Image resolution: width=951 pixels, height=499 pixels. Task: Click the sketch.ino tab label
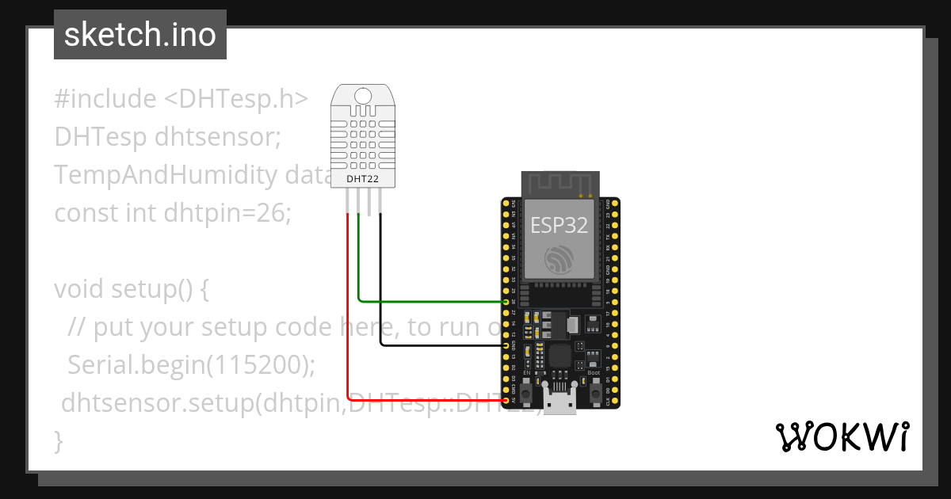(x=140, y=35)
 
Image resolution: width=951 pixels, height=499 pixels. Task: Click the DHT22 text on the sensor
(x=363, y=179)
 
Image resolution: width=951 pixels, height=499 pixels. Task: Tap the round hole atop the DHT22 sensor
(x=363, y=97)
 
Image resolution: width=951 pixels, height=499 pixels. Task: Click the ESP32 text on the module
(x=560, y=225)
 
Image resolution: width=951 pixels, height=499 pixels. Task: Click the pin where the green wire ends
(x=507, y=302)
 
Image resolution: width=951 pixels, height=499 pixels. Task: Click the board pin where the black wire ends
(x=507, y=346)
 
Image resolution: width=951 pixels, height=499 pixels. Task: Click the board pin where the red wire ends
(x=507, y=402)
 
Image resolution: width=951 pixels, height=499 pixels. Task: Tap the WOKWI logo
(x=841, y=436)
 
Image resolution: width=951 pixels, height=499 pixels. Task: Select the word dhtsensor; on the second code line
(x=219, y=137)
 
